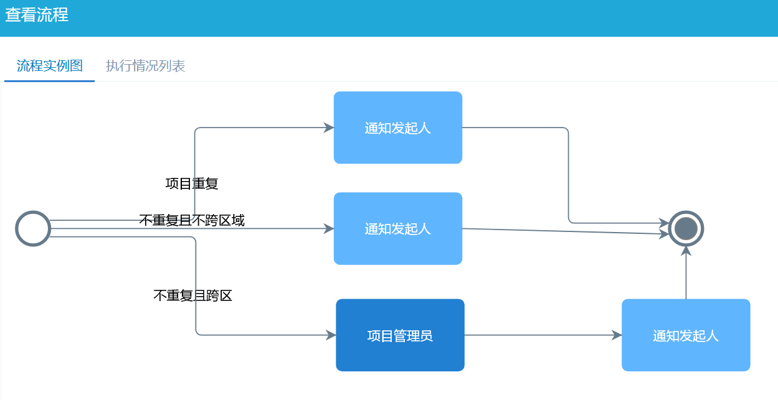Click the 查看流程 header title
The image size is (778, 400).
pos(37,15)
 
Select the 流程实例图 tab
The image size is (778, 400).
pos(50,66)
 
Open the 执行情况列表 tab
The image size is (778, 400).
pos(145,66)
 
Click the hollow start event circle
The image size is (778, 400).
pos(33,228)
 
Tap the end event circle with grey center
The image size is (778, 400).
pos(686,228)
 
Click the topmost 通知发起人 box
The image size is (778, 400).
pos(397,128)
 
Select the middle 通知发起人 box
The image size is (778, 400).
pos(397,229)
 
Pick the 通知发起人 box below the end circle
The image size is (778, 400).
pos(685,335)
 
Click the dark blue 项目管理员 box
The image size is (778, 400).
pos(400,335)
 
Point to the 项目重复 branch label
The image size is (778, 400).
pos(192,184)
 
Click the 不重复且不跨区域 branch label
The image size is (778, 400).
pos(192,220)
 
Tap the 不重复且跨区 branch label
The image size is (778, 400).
pos(192,295)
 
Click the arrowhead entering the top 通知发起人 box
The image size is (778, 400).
pos(330,128)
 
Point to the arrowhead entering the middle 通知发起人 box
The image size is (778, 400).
pos(330,228)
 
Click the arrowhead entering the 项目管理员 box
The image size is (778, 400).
pos(331,335)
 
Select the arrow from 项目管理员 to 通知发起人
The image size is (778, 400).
pos(542,335)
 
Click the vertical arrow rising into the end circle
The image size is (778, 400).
pos(686,274)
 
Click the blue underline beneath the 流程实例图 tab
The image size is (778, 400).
pos(49,81)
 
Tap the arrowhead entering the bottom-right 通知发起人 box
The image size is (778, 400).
pos(617,335)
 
